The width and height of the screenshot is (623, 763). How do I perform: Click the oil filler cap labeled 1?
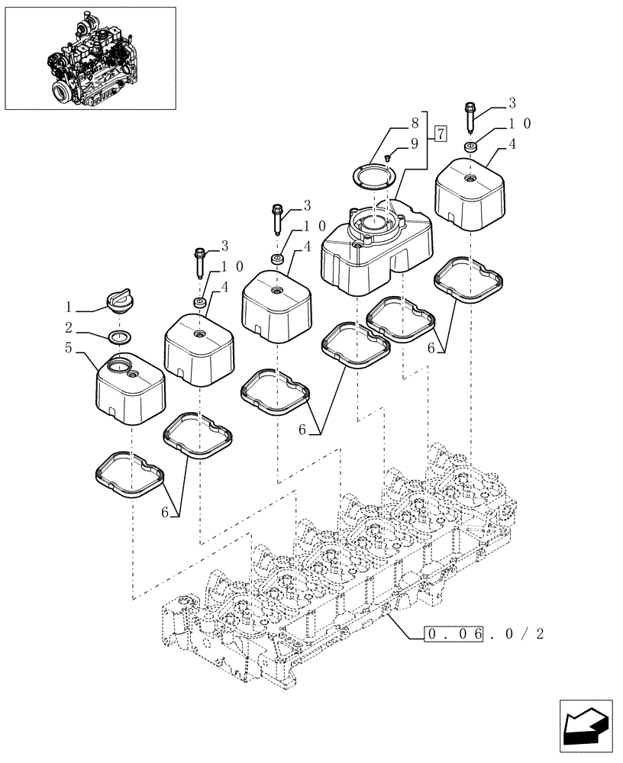click(121, 302)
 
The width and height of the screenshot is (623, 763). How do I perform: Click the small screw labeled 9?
click(388, 156)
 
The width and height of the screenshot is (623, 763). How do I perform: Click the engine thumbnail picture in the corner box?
click(90, 57)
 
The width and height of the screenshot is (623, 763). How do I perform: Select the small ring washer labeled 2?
click(121, 336)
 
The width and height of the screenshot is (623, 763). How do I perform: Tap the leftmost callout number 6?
click(165, 512)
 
